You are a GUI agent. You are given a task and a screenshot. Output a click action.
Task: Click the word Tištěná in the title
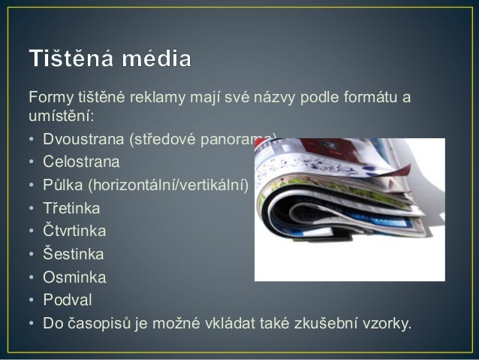76,58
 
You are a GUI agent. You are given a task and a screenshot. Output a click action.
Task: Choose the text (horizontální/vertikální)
172,185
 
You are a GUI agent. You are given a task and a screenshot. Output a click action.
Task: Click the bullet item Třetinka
71,207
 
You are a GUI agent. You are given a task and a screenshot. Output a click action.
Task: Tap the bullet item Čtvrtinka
74,231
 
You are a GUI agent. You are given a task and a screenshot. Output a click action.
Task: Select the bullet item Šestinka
73,254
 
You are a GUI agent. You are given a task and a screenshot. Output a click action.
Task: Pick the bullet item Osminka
74,277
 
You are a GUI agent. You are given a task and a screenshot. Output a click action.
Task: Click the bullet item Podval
67,300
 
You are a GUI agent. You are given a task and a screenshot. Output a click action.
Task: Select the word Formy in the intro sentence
50,99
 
